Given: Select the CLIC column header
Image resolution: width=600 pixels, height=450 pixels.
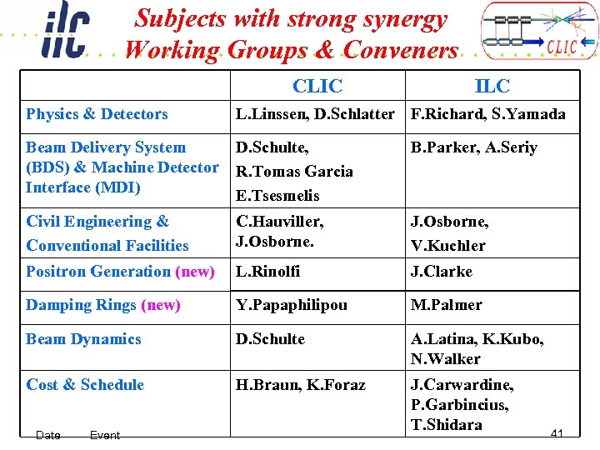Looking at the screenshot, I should pos(317,86).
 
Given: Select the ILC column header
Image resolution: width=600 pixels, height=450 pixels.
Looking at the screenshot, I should pos(492,86).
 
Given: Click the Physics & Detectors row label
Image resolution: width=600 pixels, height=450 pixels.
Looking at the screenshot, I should pos(97,114).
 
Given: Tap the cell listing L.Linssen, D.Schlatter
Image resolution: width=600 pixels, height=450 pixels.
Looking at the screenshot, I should pos(315,114).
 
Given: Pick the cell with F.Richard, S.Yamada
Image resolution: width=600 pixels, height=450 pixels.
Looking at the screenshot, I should pos(487,114).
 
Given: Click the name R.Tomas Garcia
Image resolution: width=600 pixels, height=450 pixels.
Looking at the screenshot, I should pos(294,172).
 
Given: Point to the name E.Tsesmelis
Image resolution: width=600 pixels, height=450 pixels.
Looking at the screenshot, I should pos(277,196).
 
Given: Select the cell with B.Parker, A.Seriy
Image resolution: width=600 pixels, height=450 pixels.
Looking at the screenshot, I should pos(473,147).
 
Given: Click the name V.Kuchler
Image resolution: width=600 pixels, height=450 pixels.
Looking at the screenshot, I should pos(447,245).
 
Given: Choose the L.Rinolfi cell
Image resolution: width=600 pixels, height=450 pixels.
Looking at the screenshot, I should pos(267,272).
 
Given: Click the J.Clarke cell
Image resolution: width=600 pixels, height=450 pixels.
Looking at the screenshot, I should pos(441,272).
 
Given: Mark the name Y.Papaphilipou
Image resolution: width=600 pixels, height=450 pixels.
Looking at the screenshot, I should pos(291,305).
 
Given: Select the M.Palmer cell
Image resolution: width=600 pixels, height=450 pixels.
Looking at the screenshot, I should pos(446,305).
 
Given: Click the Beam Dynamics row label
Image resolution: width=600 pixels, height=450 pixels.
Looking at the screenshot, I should pos(83,339).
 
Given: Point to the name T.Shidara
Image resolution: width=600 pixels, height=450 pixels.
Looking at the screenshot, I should pos(446,424).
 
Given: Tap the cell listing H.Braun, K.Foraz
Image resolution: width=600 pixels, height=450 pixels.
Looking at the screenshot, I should pos(300,385).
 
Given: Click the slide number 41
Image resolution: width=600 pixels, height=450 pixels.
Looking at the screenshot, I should pos(557,433).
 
